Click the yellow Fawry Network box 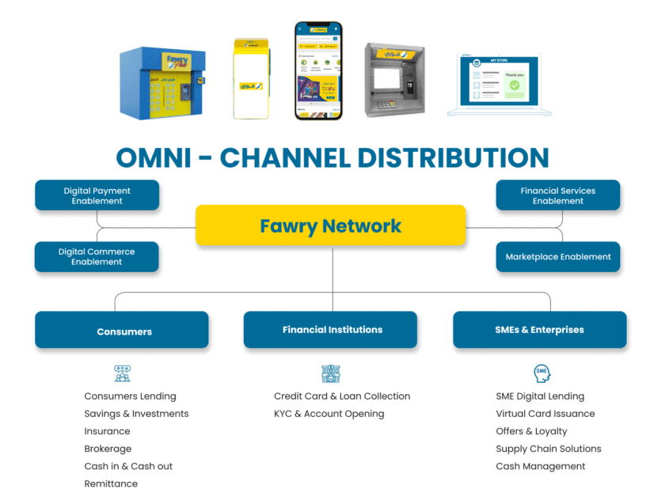330,225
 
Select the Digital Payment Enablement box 97,195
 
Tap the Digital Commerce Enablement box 97,256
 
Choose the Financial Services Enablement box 557,195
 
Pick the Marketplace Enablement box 557,256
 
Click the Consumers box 122,331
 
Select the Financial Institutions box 330,330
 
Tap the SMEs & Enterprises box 539,330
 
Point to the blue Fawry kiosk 162,81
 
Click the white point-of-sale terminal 251,78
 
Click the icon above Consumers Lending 122,373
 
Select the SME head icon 541,373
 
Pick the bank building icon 330,373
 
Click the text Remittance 111,483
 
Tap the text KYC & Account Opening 329,414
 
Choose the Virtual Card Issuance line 545,414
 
